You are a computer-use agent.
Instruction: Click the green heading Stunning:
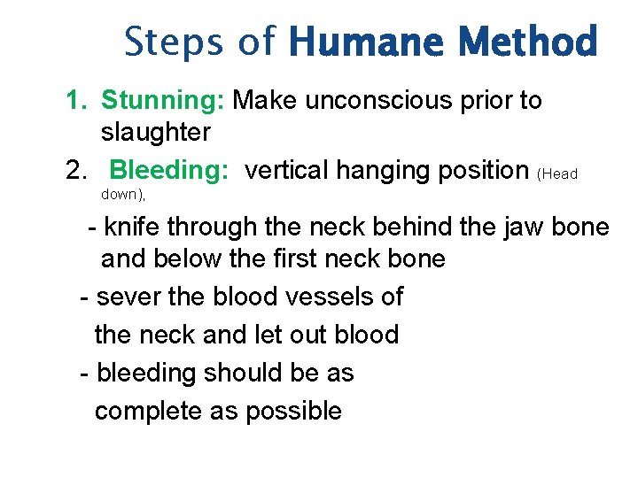[x=163, y=101]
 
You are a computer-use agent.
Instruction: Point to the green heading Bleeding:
[x=170, y=169]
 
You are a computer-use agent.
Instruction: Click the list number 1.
[x=76, y=101]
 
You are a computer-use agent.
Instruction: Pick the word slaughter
[x=156, y=133]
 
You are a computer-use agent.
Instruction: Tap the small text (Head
[x=557, y=174]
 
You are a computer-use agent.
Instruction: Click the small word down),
[x=123, y=194]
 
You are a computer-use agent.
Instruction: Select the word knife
[x=131, y=227]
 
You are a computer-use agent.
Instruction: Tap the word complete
[x=147, y=411]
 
